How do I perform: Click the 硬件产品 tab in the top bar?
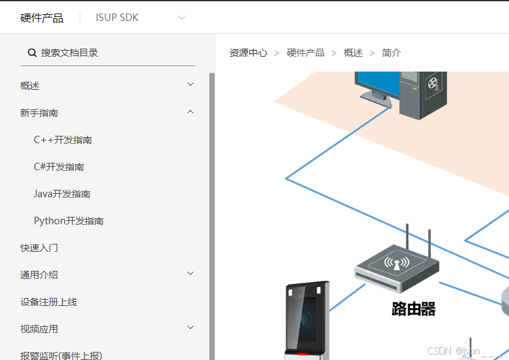(42, 18)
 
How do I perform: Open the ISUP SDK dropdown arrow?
(182, 18)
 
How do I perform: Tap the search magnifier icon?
(32, 53)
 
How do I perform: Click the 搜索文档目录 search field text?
(70, 53)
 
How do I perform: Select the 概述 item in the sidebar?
(30, 86)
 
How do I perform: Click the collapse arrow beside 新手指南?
(190, 112)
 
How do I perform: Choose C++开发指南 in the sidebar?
(63, 140)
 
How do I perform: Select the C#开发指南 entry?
(59, 167)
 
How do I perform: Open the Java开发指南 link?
(62, 194)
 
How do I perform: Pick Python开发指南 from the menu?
(69, 221)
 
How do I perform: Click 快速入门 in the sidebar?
(39, 248)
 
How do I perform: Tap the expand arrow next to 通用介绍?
(190, 274)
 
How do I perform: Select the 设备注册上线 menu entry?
(49, 302)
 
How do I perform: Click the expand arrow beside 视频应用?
(190, 328)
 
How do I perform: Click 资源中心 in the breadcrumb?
(248, 53)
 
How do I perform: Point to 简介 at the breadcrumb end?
(392, 53)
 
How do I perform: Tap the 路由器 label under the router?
(414, 309)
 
